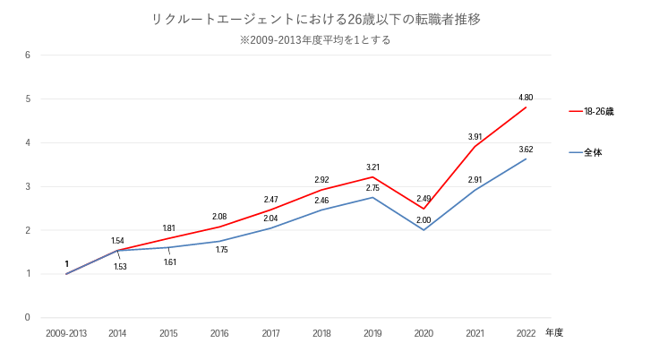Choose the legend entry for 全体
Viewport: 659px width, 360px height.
coord(593,153)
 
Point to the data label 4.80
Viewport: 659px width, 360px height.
coord(526,97)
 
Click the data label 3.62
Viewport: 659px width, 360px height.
coord(526,149)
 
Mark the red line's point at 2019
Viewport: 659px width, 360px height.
coord(372,177)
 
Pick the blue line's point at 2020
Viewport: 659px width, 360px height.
coord(424,230)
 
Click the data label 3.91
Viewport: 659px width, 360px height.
coord(475,136)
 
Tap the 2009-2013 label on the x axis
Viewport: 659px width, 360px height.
coord(66,333)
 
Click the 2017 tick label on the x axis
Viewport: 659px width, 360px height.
coord(270,333)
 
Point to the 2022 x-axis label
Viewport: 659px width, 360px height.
coord(526,333)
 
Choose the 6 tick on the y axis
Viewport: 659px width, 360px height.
coord(28,56)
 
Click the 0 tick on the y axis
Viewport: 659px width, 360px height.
coord(28,318)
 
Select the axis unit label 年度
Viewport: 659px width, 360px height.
coord(554,333)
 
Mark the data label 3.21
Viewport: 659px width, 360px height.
coord(372,167)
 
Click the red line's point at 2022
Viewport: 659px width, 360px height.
coord(526,107)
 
